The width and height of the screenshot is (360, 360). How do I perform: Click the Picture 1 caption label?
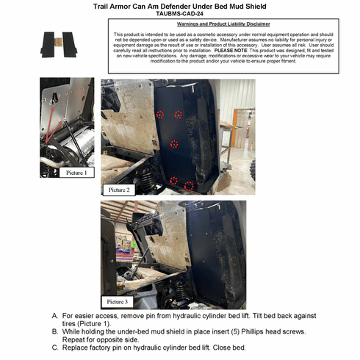(x=76, y=173)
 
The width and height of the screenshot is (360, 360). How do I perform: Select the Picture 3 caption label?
(x=118, y=300)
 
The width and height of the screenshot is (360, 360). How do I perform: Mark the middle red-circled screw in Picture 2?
(x=174, y=144)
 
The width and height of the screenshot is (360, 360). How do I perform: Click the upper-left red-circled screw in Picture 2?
(x=159, y=114)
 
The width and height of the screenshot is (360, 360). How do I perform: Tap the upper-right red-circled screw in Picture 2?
(x=177, y=114)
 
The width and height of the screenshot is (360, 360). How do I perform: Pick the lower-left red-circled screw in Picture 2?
(x=173, y=180)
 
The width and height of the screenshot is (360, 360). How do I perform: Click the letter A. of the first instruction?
(x=55, y=316)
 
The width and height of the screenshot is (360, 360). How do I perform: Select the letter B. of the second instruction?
(x=55, y=331)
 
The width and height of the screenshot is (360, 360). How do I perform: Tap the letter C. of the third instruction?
(x=55, y=347)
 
